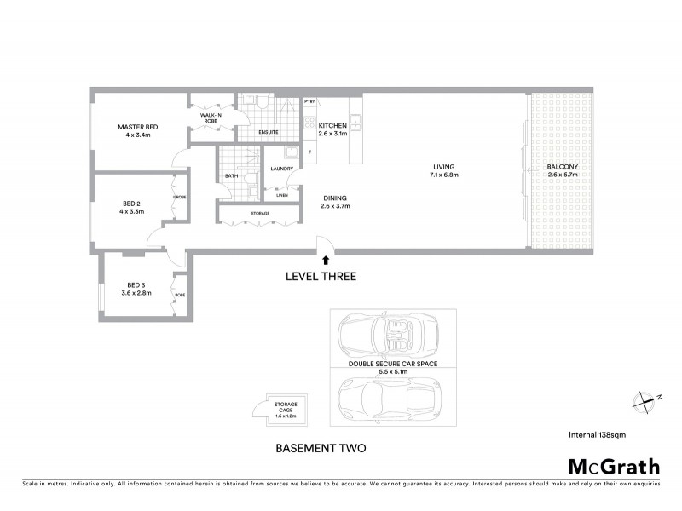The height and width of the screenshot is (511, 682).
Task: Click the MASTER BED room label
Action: pos(138,127)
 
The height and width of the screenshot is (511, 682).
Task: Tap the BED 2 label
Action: pos(131,203)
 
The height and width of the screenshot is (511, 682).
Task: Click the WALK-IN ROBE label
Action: pos(211,118)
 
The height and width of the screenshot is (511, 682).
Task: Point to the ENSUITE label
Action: pos(269,133)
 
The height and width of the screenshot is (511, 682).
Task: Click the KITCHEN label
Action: pos(332,124)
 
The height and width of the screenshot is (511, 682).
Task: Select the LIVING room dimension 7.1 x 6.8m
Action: pos(443,175)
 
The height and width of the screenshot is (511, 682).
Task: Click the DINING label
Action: pos(335,198)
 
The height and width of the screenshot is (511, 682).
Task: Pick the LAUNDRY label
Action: pos(282,169)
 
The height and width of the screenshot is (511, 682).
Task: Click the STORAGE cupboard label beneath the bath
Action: pos(260,213)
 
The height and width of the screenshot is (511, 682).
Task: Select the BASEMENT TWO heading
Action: pos(321,447)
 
